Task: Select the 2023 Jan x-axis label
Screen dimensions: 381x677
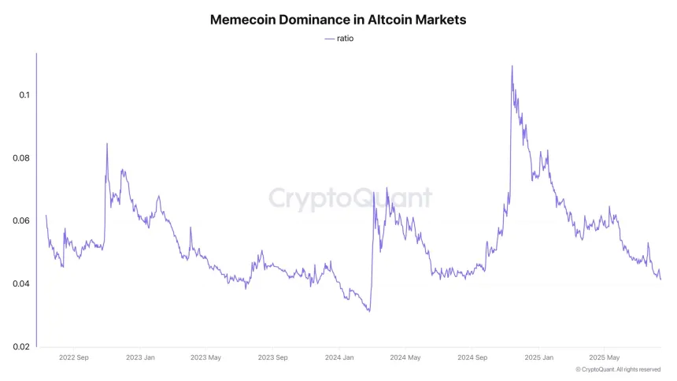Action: pos(140,357)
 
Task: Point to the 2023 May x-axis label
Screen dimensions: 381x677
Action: pos(205,357)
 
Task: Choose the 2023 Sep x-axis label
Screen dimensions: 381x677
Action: pos(272,357)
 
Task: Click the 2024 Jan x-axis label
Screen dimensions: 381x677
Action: pos(338,357)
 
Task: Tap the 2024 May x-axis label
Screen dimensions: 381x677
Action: pos(404,357)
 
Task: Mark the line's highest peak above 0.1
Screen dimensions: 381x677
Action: pos(512,66)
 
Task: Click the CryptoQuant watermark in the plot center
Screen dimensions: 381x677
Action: pos(350,198)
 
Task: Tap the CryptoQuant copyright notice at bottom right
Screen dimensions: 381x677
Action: pos(617,369)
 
